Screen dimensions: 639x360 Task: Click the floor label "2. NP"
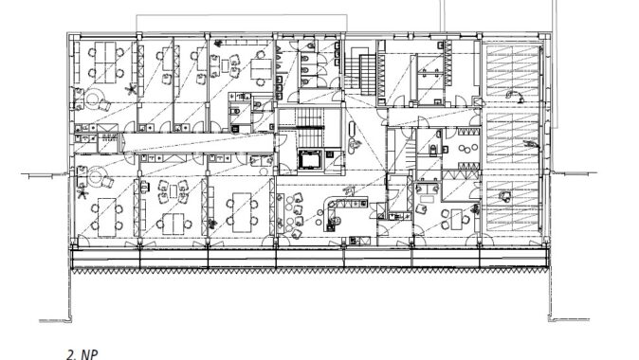pyautogui.click(x=82, y=354)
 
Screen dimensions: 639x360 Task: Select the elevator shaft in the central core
pyautogui.click(x=310, y=160)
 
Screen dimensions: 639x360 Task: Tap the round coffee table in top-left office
pyautogui.click(x=92, y=99)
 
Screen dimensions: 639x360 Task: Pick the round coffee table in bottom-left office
pyautogui.click(x=96, y=176)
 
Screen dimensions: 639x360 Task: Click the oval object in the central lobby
pyautogui.click(x=353, y=134)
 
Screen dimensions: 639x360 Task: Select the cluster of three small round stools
pyautogui.click(x=468, y=149)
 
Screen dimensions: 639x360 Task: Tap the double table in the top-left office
pyautogui.click(x=105, y=63)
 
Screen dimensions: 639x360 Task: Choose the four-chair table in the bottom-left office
pyautogui.click(x=107, y=217)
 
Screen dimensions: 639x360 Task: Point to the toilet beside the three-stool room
pyautogui.click(x=434, y=150)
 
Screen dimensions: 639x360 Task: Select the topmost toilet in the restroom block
pyautogui.click(x=310, y=46)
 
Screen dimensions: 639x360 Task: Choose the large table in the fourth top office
pyautogui.click(x=261, y=69)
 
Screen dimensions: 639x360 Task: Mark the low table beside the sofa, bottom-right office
pyautogui.click(x=427, y=200)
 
